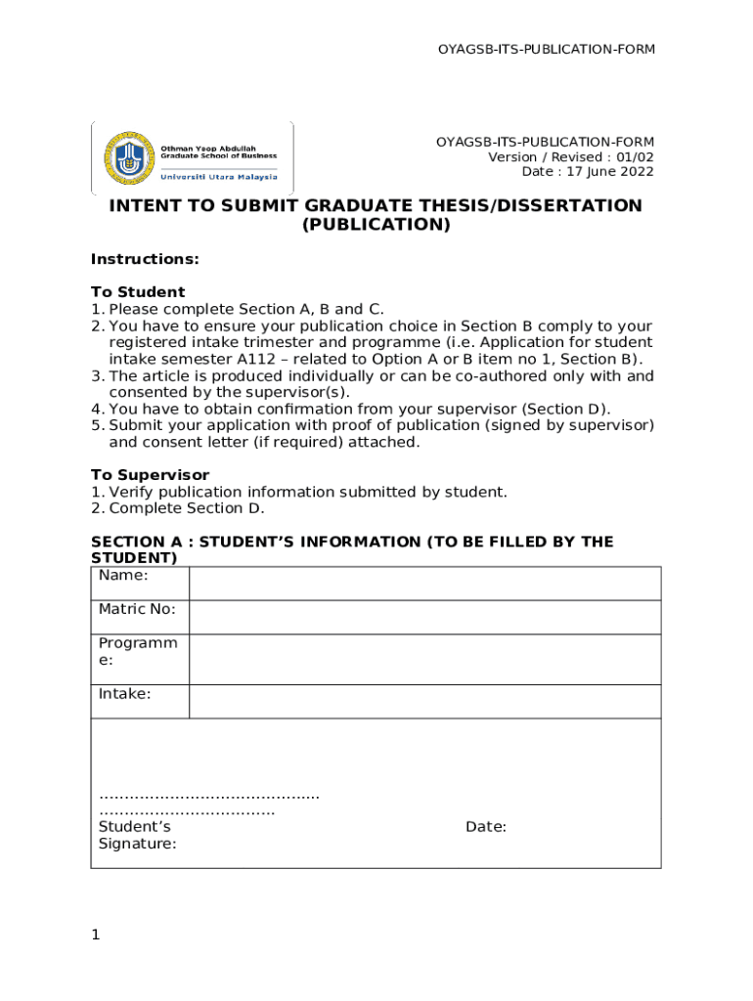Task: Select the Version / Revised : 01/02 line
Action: tap(571, 157)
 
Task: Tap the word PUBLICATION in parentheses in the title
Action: tap(376, 225)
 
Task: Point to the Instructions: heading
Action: tap(145, 259)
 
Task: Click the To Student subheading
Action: tap(138, 292)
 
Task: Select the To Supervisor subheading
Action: tap(150, 475)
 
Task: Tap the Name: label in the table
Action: tap(123, 576)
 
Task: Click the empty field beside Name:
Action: tap(424, 584)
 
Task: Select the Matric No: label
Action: tap(137, 609)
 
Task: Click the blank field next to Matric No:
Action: tap(424, 617)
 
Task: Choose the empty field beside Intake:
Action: tap(424, 701)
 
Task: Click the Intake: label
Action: tap(124, 694)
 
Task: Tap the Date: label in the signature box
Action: tap(485, 827)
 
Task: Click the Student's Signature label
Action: tap(137, 836)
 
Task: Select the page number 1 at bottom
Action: tap(96, 936)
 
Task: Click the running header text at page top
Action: tap(546, 49)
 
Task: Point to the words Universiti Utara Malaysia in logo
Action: tap(218, 177)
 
